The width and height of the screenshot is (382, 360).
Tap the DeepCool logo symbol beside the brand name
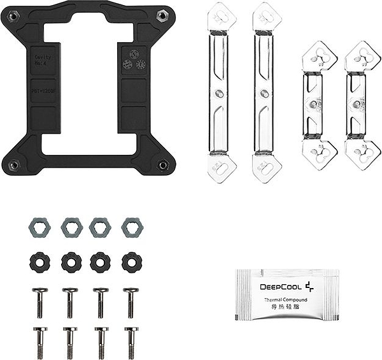(x=309, y=286)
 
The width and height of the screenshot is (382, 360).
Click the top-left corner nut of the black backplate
(x=13, y=15)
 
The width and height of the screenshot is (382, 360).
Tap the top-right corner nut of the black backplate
(x=163, y=15)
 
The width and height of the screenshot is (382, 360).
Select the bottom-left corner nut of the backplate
(x=13, y=164)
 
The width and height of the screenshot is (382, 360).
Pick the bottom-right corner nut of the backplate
(x=163, y=164)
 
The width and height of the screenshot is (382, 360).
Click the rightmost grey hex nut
(x=132, y=226)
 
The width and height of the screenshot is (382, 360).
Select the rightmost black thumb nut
(x=132, y=261)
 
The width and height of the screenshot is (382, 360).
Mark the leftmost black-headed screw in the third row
(x=39, y=302)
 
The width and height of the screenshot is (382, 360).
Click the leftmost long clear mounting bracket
(x=221, y=92)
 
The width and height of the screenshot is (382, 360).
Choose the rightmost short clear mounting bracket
(x=362, y=105)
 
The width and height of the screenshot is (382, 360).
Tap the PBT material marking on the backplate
(x=44, y=91)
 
